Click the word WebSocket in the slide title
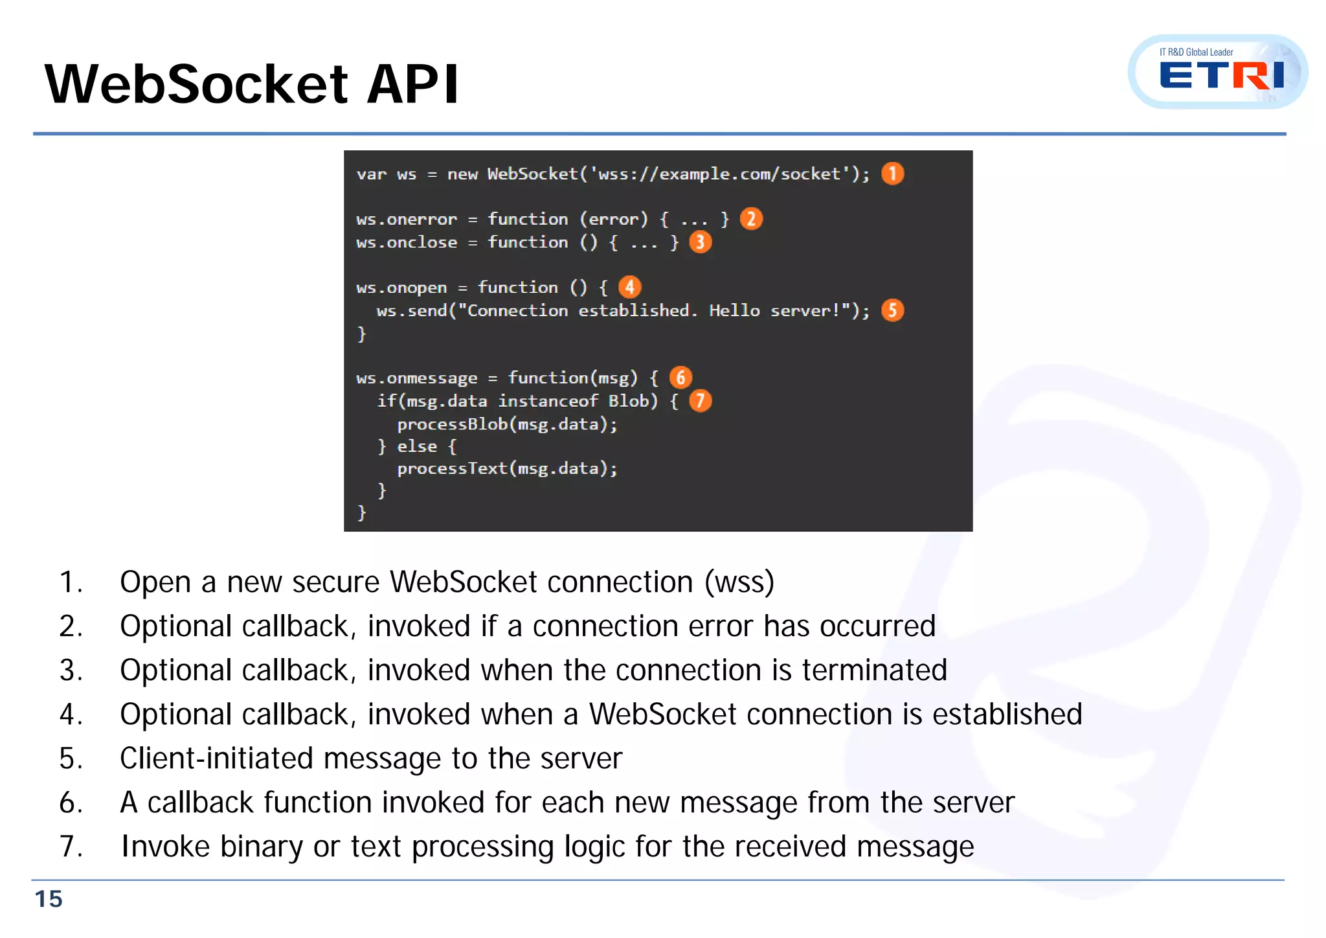click(196, 84)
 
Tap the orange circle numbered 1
click(892, 174)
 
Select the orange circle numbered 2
click(751, 219)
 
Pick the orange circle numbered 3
click(700, 242)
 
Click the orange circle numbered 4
click(629, 287)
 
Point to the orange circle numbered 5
click(892, 310)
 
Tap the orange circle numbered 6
click(680, 377)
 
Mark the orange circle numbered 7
click(700, 401)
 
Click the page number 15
click(49, 899)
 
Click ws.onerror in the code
click(407, 220)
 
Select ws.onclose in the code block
click(407, 242)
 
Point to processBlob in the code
click(452, 424)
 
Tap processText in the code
click(452, 468)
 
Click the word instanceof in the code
click(548, 401)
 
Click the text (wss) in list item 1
click(739, 582)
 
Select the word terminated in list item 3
click(874, 670)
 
